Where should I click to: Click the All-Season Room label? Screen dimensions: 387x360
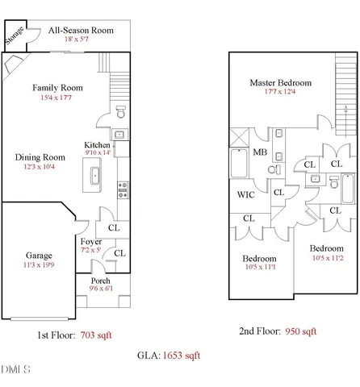coord(80,31)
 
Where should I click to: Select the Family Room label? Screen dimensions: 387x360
coord(57,87)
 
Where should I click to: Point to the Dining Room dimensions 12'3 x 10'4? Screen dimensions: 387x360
coord(40,167)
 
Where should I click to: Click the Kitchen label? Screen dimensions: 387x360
coord(97,146)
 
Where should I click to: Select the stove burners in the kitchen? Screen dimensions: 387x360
coord(123,189)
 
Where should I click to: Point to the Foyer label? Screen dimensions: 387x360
coord(91,241)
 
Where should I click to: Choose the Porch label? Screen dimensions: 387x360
coord(100,281)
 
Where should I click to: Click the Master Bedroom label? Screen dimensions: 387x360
coord(275,82)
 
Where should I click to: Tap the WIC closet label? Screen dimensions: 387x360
coord(247,194)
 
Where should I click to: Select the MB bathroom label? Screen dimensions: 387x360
coord(260,152)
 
